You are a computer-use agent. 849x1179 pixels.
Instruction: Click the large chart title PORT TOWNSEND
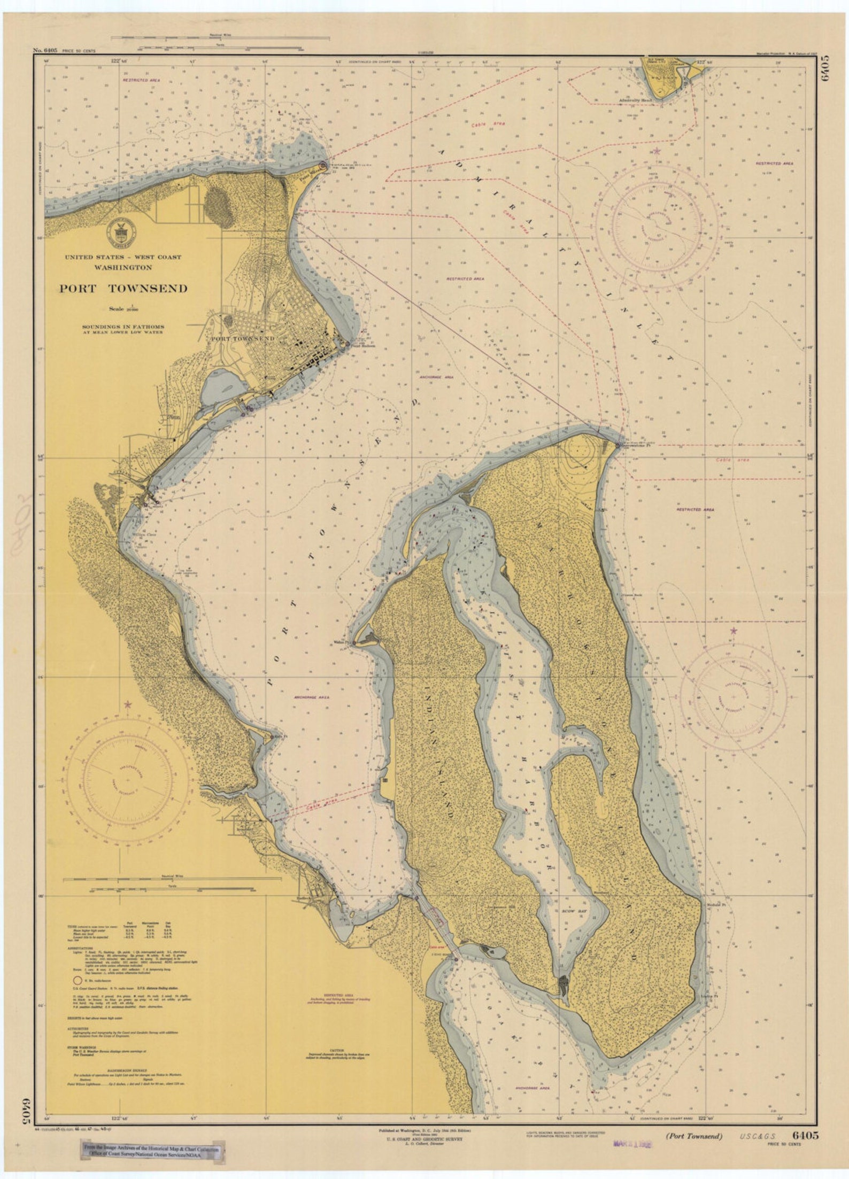(123, 289)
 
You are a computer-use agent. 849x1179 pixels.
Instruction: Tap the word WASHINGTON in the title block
(123, 267)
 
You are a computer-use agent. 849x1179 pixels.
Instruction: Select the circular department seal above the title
(121, 230)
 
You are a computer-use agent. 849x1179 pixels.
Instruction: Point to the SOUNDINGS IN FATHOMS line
(123, 326)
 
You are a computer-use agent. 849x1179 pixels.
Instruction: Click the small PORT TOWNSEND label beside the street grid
(242, 339)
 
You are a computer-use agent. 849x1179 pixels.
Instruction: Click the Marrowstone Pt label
(635, 448)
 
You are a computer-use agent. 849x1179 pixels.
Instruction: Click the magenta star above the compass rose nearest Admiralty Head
(657, 152)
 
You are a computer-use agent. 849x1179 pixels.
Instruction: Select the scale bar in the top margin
(220, 39)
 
